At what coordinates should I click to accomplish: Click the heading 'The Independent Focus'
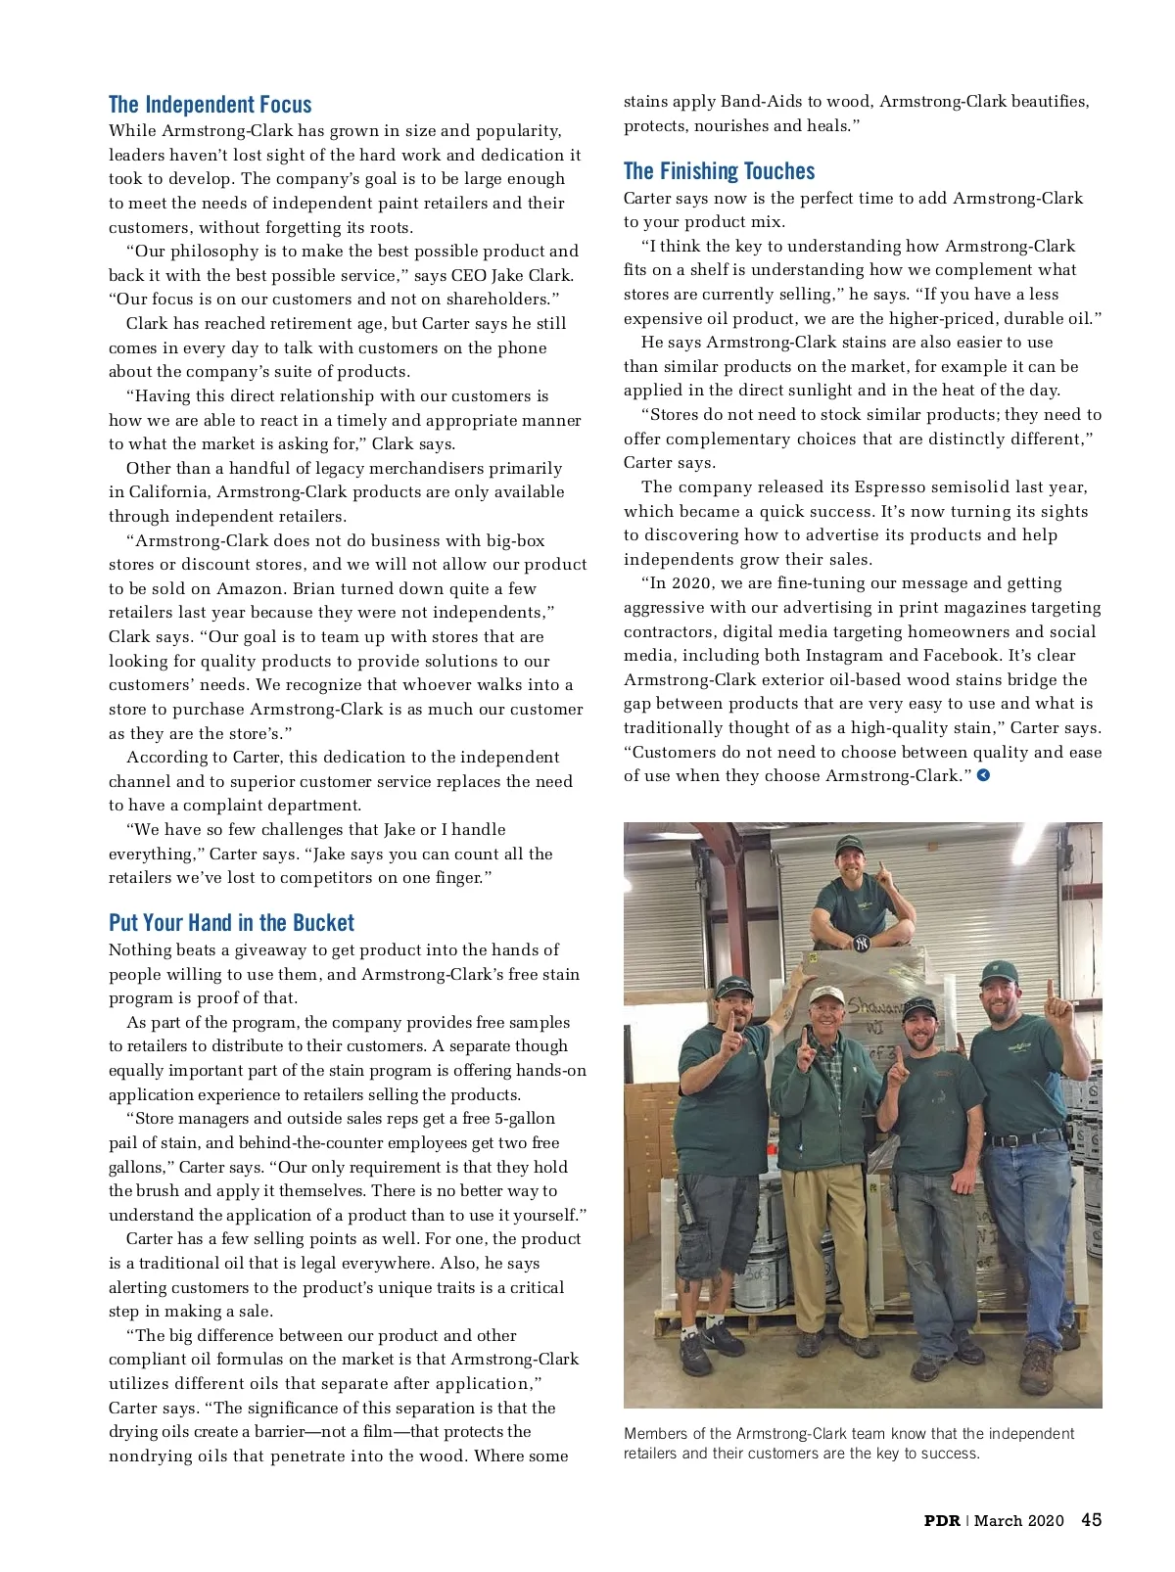tap(210, 105)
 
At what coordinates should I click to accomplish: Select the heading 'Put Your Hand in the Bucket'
tap(231, 923)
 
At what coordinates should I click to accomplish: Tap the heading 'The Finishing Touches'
tap(719, 171)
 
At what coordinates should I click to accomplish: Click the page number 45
tap(1091, 1519)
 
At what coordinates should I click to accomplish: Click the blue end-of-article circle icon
tap(984, 775)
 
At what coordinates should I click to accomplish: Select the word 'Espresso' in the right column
tap(889, 486)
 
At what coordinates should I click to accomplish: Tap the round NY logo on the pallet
tap(861, 944)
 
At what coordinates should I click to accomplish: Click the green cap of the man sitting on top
tap(848, 842)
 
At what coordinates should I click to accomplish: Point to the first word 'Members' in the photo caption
tap(654, 1433)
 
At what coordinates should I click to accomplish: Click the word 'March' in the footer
tap(998, 1520)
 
